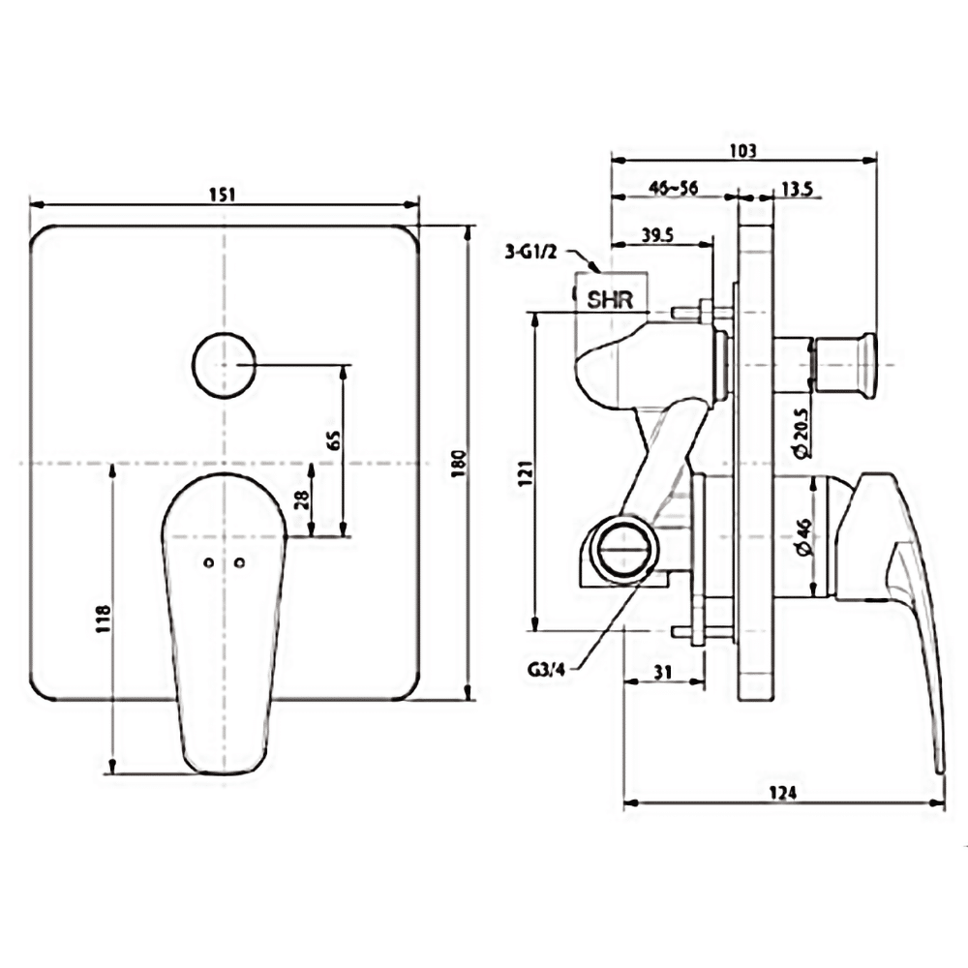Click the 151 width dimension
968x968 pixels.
pos(223,194)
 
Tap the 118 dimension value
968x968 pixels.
pos(104,619)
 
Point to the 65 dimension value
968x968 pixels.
pos(333,441)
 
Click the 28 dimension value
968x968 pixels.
pos(299,499)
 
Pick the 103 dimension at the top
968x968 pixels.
pos(742,151)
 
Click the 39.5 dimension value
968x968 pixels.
pos(658,234)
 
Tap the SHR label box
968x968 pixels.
pos(610,298)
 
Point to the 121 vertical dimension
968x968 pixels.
pos(525,473)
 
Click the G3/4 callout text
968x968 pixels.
pos(547,667)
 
